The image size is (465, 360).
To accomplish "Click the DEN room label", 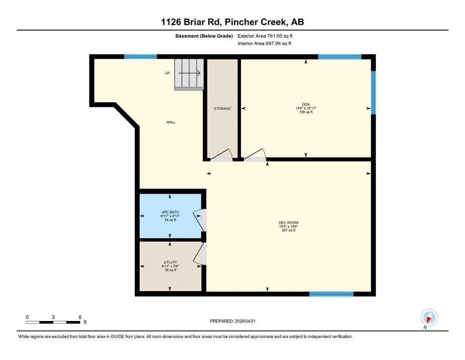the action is tap(306, 104).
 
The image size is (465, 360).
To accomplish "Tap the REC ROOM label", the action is tap(288, 223).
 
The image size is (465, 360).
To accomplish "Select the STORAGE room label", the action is tap(222, 109).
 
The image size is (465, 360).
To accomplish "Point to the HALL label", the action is tap(171, 122).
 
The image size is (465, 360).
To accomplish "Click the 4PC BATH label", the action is tap(170, 212).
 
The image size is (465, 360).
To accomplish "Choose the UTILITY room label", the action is tap(170, 262).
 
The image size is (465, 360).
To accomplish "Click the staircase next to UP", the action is tap(189, 74).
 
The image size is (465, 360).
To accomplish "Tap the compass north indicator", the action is tap(429, 318).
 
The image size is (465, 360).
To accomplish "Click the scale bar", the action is tap(53, 322).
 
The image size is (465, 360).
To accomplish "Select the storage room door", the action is tap(221, 155).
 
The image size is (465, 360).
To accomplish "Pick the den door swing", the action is tap(255, 155).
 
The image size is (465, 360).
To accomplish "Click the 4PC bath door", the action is tap(199, 220).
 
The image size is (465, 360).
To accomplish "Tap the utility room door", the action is tap(199, 254).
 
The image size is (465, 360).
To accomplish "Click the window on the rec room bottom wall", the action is tap(331, 294).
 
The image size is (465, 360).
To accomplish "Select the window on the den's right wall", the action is tap(373, 93).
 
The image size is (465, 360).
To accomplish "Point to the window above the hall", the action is tap(140, 57).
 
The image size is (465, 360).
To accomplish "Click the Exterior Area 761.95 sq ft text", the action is tap(265, 36).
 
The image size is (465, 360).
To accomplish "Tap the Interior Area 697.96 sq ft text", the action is tap(264, 43).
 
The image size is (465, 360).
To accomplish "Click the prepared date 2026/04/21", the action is tap(245, 321).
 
